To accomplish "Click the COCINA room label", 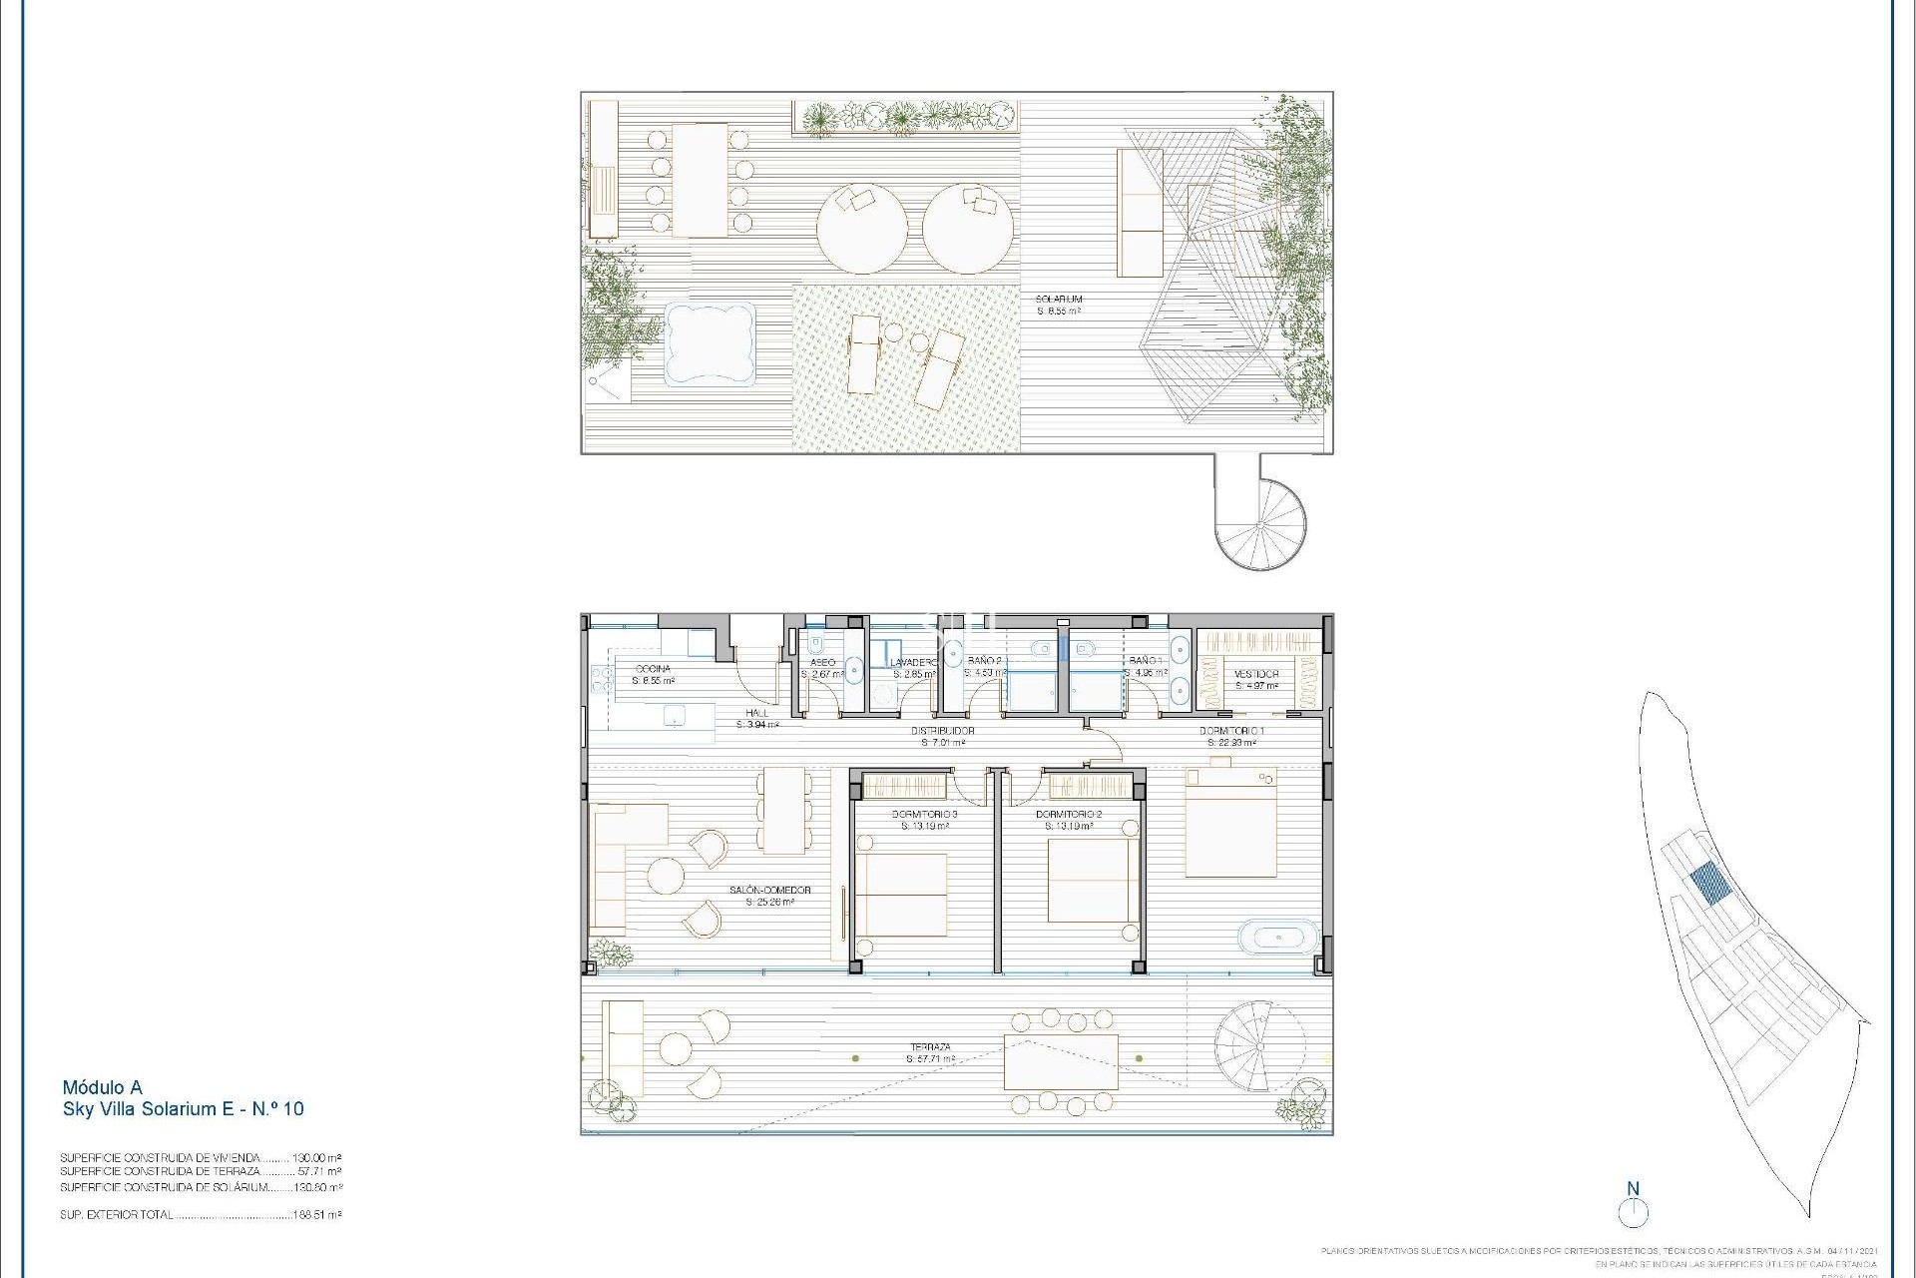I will [653, 669].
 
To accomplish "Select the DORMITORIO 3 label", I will [925, 815].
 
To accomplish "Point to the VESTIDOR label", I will [1256, 674].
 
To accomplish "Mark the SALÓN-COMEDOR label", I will [769, 891].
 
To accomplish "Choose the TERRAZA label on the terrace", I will [928, 1047].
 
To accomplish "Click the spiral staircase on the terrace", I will [1259, 1046].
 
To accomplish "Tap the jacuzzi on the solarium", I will [709, 342].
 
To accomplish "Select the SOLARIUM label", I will [1059, 300].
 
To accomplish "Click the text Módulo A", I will [102, 1088].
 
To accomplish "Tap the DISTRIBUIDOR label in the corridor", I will [942, 731].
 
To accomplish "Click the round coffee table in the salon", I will [666, 876].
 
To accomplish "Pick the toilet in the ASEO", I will [816, 645].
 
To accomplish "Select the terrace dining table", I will [1061, 1062].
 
